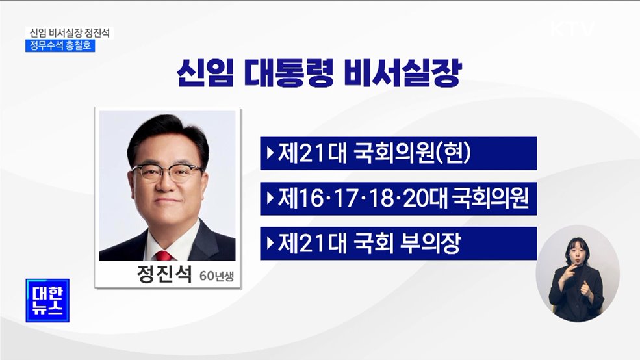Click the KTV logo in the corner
pos(572,29)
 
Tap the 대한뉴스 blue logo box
pos(47,300)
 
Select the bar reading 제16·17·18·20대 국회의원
pos(398,198)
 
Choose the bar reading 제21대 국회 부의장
pos(398,244)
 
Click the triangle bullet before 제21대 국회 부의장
pos(270,244)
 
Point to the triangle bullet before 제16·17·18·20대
pos(270,198)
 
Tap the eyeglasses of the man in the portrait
pos(167,173)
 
